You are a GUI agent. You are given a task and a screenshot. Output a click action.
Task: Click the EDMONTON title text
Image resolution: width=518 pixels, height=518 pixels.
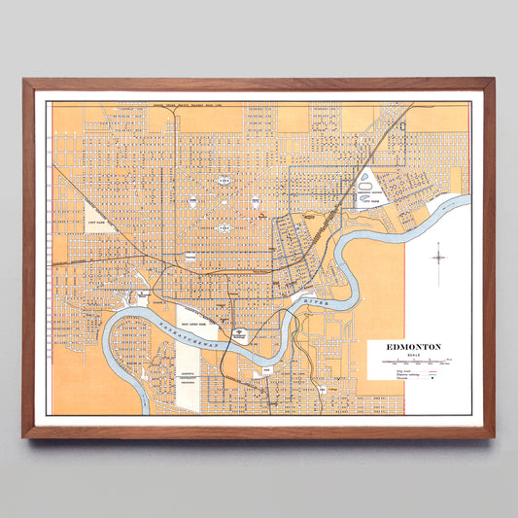(413, 346)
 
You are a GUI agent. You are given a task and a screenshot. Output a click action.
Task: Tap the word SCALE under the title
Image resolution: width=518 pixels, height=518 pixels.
(413, 354)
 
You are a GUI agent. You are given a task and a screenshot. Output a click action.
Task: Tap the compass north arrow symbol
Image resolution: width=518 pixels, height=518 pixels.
(439, 257)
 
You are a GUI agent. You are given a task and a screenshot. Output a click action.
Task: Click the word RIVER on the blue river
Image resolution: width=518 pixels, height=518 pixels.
(315, 305)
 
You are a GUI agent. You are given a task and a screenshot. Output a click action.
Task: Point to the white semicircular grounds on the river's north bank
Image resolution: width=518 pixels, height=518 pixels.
(239, 332)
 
